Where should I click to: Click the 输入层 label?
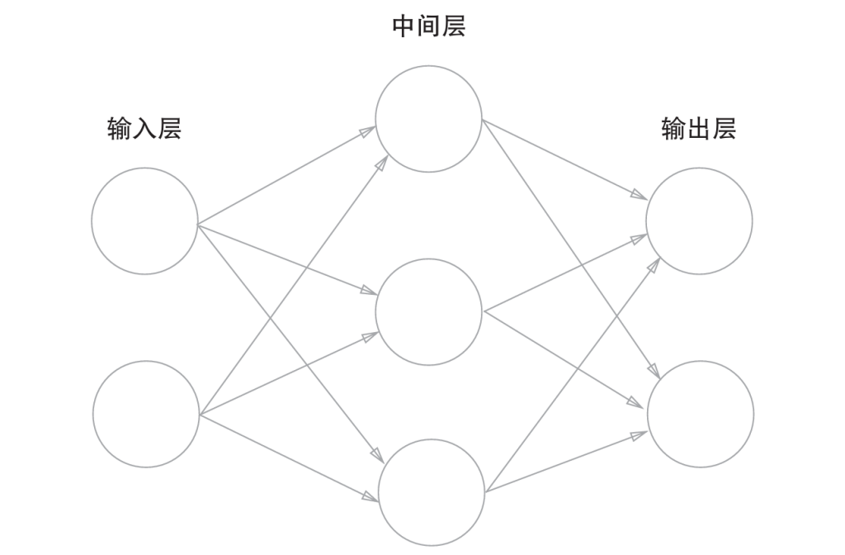pos(144,129)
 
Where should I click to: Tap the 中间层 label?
pos(428,26)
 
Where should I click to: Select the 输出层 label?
pos(698,129)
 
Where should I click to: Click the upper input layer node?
pos(144,221)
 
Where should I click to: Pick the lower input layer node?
pos(146,414)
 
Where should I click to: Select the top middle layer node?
pos(428,119)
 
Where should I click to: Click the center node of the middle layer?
pos(428,312)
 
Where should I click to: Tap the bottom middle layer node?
pos(432,492)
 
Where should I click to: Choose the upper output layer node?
pos(699,221)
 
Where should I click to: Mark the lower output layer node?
pos(701,414)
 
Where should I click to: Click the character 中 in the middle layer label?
pos(404,26)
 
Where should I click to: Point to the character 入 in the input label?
pos(144,129)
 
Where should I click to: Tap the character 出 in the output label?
pos(698,129)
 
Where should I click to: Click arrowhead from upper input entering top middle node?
pos(369,130)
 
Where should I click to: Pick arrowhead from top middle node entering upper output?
pos(639,196)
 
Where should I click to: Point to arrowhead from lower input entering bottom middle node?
pos(371,497)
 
